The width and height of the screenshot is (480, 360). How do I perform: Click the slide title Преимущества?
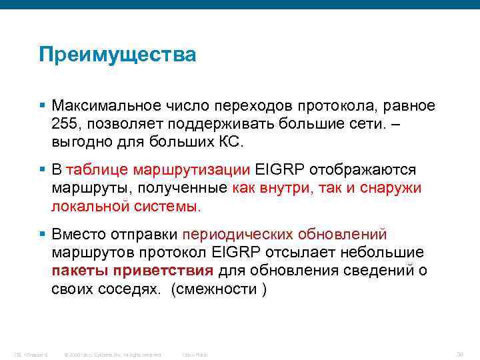pyautogui.click(x=117, y=55)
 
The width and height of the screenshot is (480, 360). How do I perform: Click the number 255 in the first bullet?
pyautogui.click(x=65, y=125)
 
